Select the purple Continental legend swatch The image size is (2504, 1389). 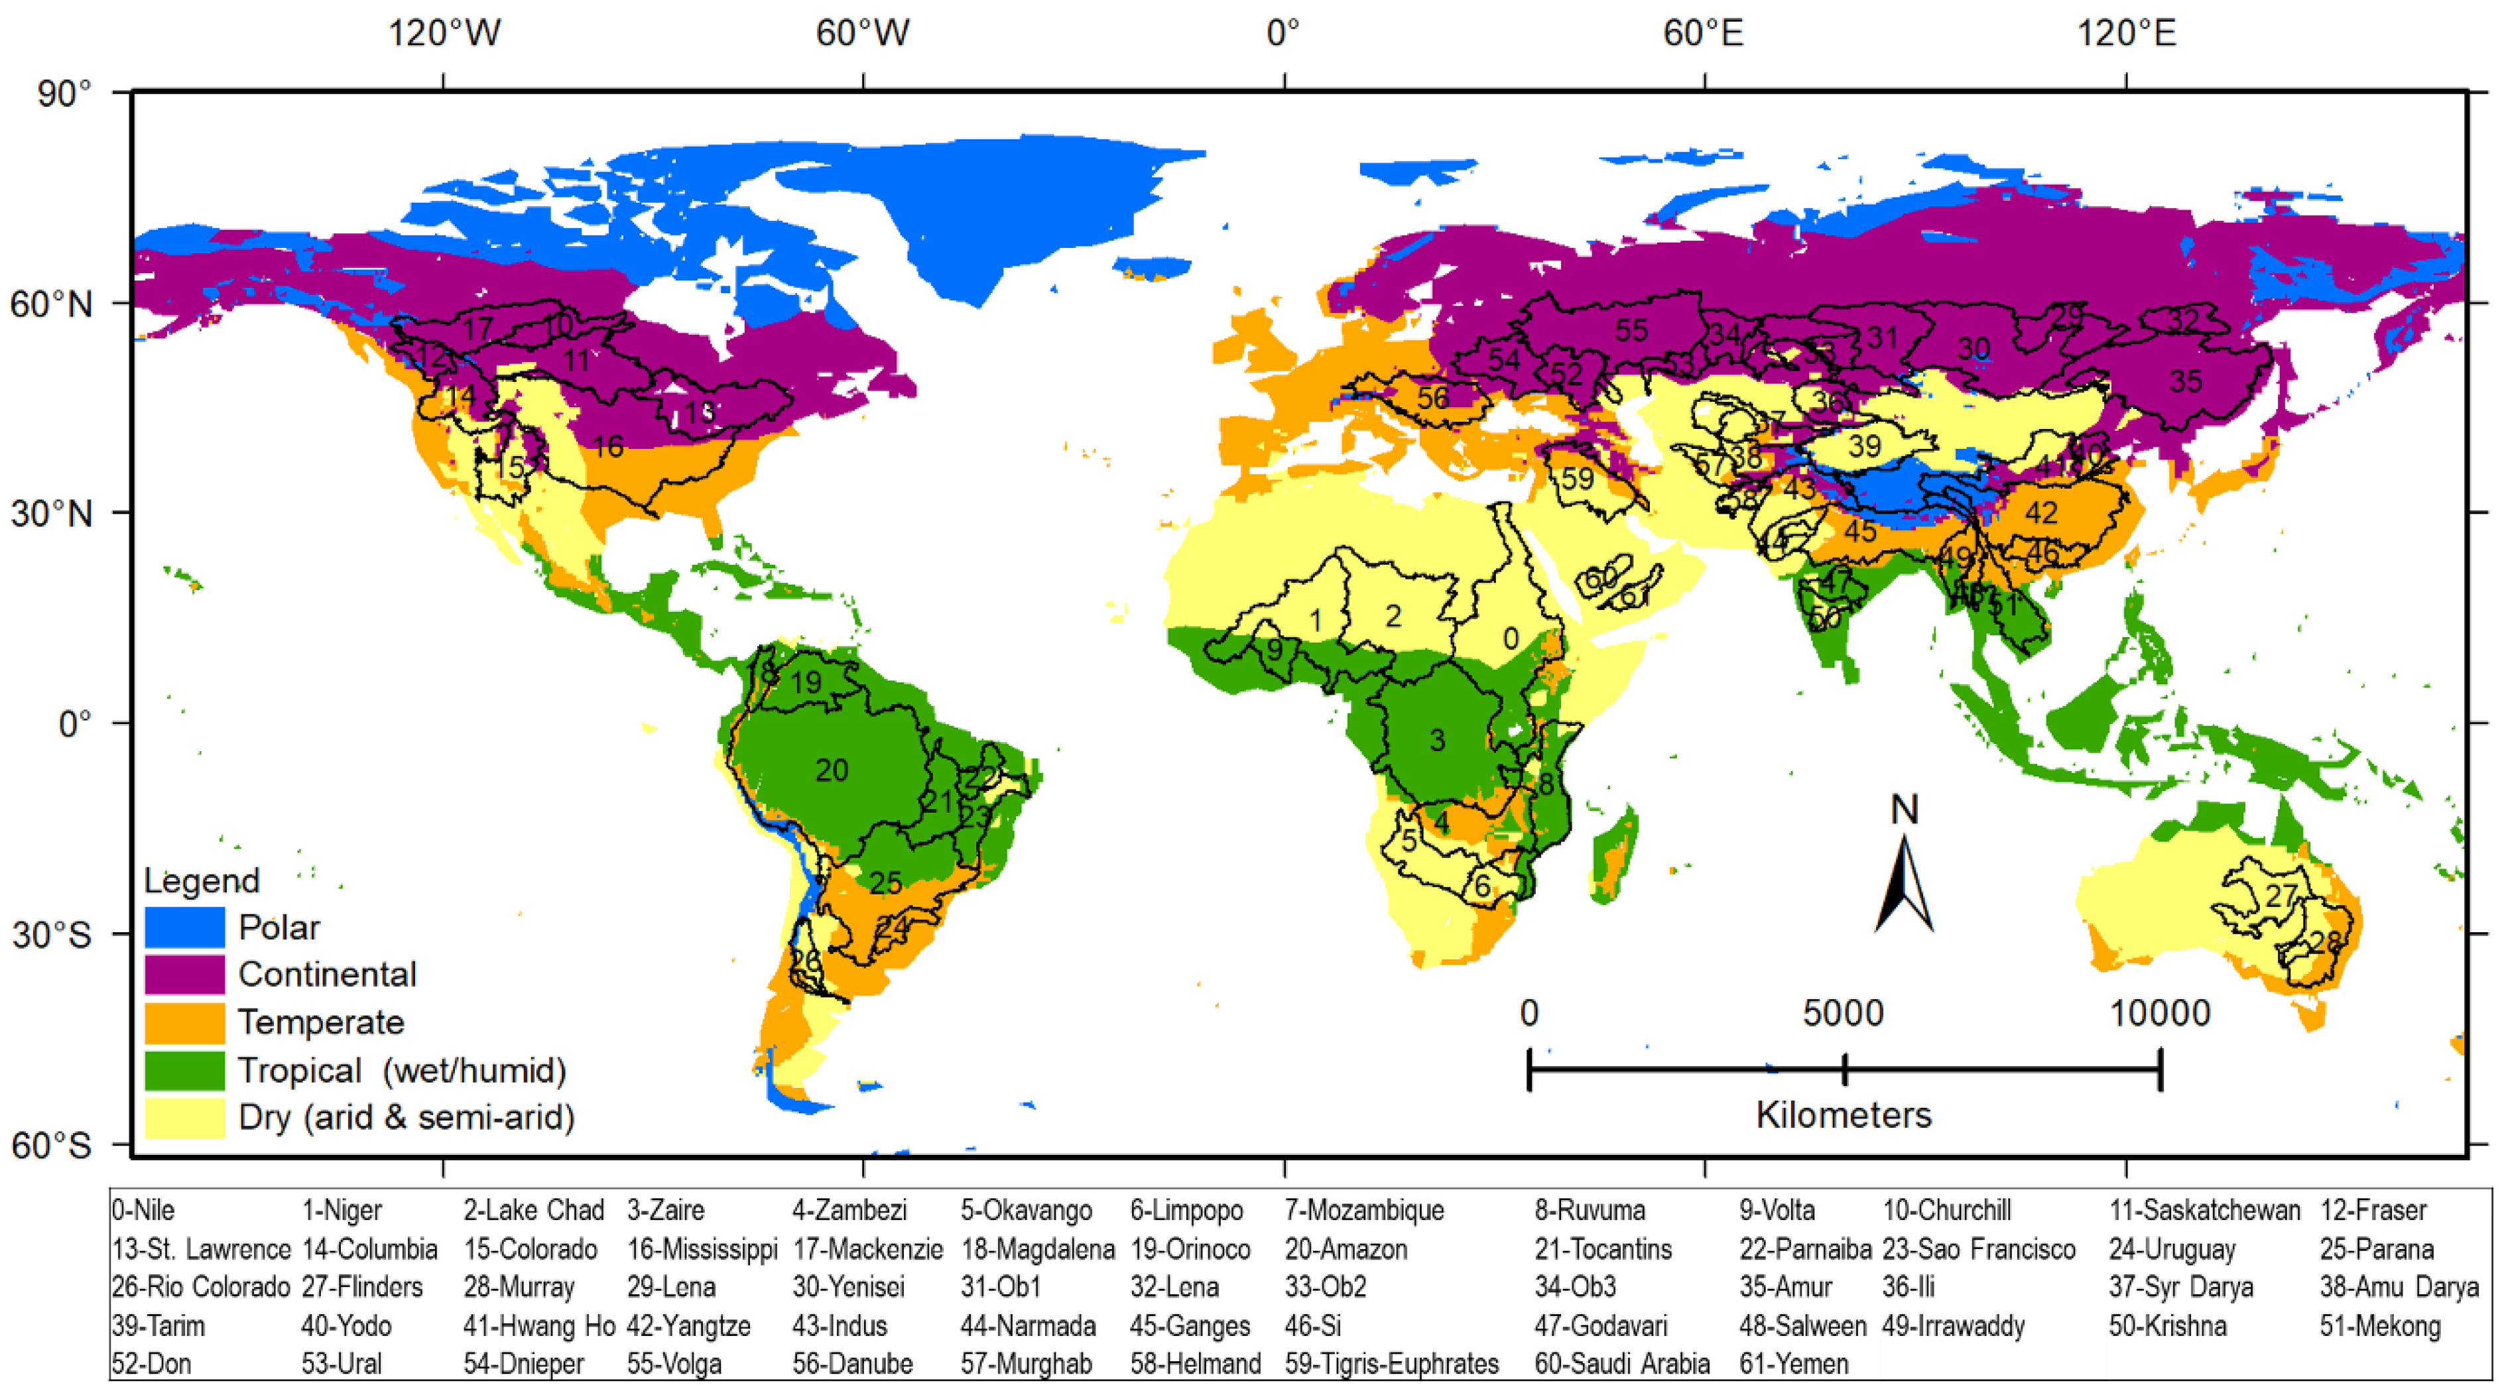(185, 973)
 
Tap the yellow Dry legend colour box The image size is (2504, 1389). (185, 1117)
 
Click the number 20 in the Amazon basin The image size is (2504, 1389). (831, 770)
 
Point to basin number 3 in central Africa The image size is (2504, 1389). (1438, 741)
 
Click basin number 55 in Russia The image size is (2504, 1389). (1631, 330)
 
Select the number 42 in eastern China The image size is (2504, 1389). (2041, 513)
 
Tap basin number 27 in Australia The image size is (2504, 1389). (2281, 895)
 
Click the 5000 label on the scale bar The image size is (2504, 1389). (1843, 1014)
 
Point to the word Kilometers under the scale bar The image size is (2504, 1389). (1843, 1114)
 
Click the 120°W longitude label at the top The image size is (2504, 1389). (444, 34)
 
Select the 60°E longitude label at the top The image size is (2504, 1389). (1703, 34)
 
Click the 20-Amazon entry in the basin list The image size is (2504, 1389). (1346, 1249)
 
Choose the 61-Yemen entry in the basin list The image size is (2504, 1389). (1793, 1364)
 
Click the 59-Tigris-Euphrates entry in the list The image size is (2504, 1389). (1391, 1364)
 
